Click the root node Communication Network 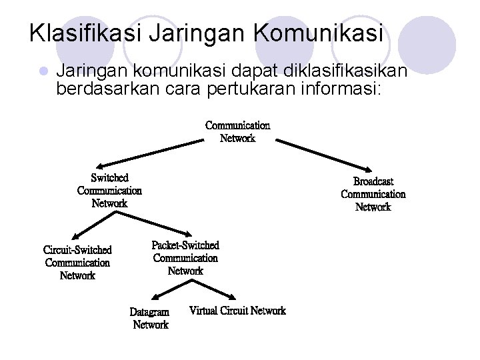[x=237, y=132]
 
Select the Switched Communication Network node [x=109, y=191]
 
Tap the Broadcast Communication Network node [x=373, y=194]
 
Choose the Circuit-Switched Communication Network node [x=77, y=263]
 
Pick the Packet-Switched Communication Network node [x=185, y=258]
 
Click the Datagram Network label [x=150, y=318]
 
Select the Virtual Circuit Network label [x=237, y=311]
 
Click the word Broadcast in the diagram [x=373, y=181]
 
